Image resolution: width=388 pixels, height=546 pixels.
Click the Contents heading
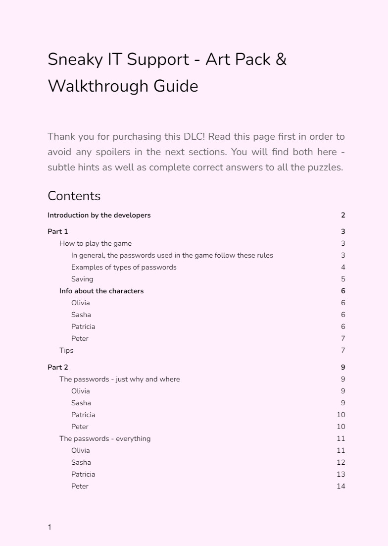click(x=74, y=196)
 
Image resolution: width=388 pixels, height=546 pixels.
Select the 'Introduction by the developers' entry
click(x=99, y=215)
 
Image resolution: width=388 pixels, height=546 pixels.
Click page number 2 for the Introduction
click(x=343, y=215)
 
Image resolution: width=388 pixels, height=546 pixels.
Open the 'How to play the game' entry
click(x=96, y=243)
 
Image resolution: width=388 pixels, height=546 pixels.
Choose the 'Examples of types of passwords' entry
click(x=124, y=267)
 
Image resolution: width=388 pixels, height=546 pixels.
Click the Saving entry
click(x=82, y=279)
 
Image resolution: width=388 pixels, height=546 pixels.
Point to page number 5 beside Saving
click(x=343, y=279)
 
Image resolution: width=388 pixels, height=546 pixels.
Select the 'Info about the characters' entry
click(x=101, y=291)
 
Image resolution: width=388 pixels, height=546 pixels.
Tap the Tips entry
click(x=66, y=350)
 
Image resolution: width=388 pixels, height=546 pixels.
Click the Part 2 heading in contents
click(x=58, y=367)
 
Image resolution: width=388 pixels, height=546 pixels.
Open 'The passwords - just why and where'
click(x=120, y=379)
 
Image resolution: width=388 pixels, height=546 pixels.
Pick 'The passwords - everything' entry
click(x=105, y=438)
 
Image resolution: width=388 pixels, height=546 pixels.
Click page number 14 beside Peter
click(x=340, y=486)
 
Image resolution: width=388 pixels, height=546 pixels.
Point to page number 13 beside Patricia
click(x=340, y=474)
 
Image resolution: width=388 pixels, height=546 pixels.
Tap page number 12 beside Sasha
click(x=340, y=462)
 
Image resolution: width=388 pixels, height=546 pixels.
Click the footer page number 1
click(x=49, y=527)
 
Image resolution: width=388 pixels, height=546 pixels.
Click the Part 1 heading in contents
click(x=58, y=231)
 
